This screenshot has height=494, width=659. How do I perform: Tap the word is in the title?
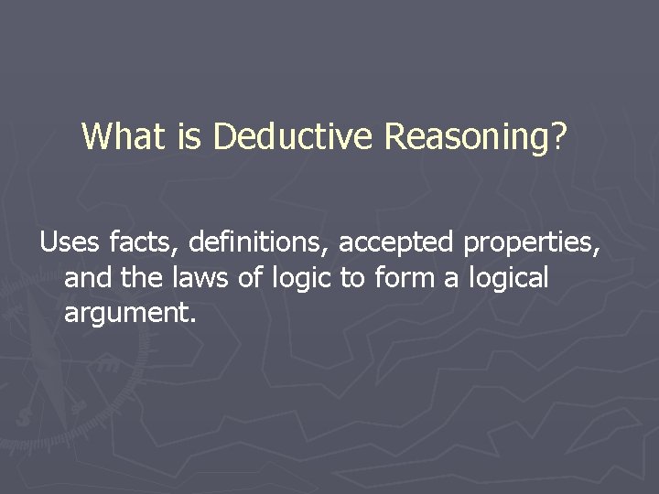189,137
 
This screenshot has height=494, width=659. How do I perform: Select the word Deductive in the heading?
294,137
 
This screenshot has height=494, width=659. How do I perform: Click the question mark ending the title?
559,137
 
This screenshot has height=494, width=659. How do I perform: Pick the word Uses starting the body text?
70,242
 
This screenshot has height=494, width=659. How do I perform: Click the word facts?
146,242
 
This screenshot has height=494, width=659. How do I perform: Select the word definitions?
261,242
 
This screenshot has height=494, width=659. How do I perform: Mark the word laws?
204,278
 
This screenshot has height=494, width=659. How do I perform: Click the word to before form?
353,279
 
